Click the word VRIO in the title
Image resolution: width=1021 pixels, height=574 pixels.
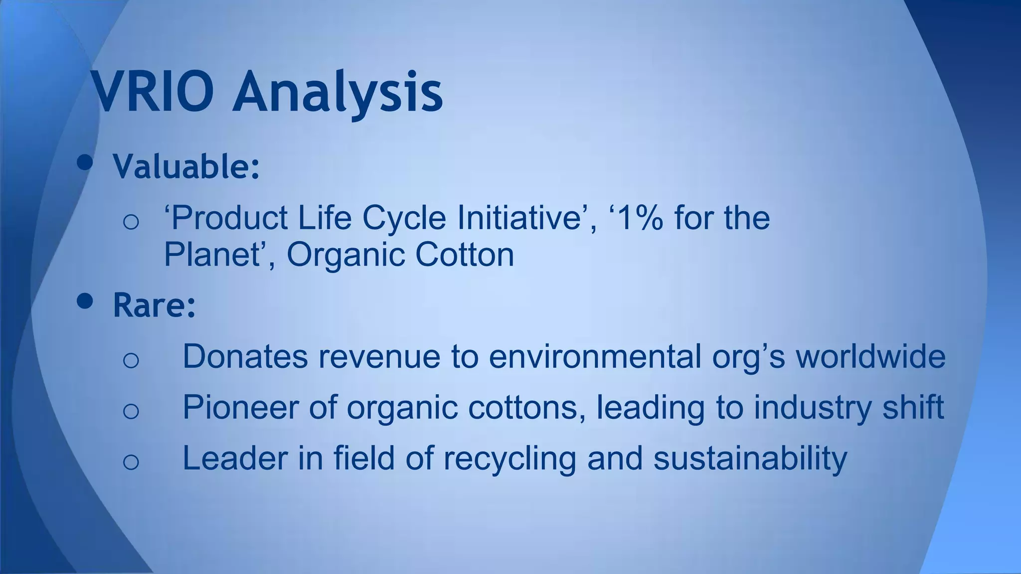(x=152, y=92)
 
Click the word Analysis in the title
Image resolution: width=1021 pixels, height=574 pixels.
(x=338, y=92)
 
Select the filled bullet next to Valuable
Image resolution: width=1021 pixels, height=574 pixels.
(x=85, y=162)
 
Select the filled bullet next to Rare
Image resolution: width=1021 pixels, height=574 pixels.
(x=85, y=301)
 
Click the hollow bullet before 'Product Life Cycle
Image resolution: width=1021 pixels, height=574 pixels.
(x=131, y=221)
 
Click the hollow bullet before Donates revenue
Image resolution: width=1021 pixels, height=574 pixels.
(x=131, y=360)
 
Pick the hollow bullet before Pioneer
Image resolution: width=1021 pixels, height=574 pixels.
(x=131, y=411)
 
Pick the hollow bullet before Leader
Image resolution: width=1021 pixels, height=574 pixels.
(x=131, y=461)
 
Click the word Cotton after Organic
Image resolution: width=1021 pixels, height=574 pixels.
(x=464, y=255)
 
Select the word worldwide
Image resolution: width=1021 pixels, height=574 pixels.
(x=870, y=357)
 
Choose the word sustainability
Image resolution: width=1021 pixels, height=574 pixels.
(x=750, y=458)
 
